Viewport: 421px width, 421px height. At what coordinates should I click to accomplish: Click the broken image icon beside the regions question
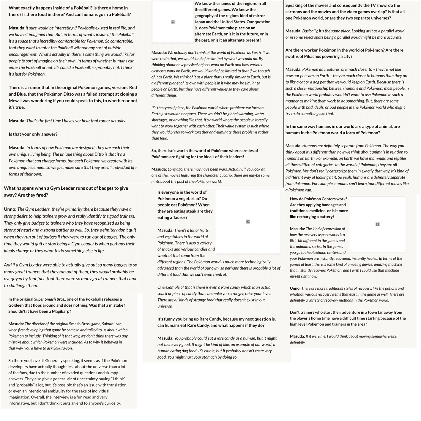click(173, 22)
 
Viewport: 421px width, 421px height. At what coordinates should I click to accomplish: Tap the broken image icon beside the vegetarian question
click(248, 222)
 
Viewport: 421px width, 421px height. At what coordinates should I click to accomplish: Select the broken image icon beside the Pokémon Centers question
click(377, 224)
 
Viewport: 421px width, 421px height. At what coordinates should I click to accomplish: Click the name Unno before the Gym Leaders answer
click(10, 209)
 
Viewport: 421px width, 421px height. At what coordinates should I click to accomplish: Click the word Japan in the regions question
click(201, 22)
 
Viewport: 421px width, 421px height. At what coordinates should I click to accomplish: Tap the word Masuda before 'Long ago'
click(159, 169)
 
